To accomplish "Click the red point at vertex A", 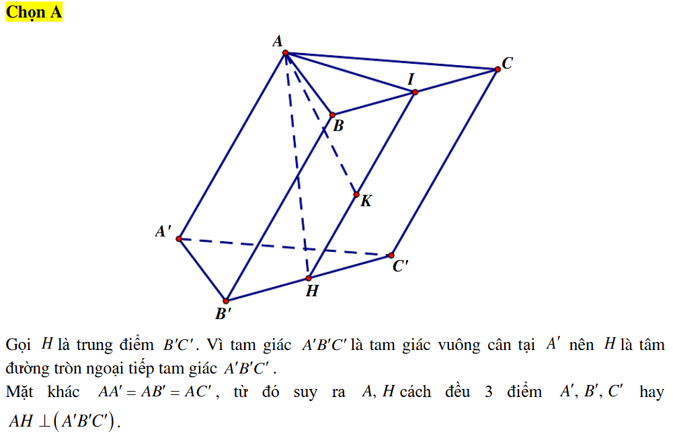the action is coord(286,52).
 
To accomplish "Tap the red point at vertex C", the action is coord(498,69).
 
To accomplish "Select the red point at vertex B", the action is coord(332,115).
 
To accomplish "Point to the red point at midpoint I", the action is coord(415,92).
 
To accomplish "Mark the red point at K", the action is coord(356,195).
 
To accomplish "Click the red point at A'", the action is coord(179,238).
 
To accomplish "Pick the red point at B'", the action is coord(226,301).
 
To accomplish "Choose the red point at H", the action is coord(309,278).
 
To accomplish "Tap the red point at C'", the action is coord(391,255).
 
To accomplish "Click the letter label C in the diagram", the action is coord(508,63).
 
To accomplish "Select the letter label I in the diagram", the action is coord(411,79).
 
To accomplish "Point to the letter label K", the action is coord(366,201).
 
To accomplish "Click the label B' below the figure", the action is coord(223,314).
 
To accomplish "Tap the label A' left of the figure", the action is coord(163,231).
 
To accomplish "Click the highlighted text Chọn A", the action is coord(34,12).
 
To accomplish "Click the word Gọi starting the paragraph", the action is coord(18,345).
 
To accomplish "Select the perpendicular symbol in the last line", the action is coord(44,421).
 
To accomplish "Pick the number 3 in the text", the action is coord(488,392).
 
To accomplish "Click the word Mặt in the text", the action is coord(19,392).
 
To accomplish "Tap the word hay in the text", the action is coord(651,392).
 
